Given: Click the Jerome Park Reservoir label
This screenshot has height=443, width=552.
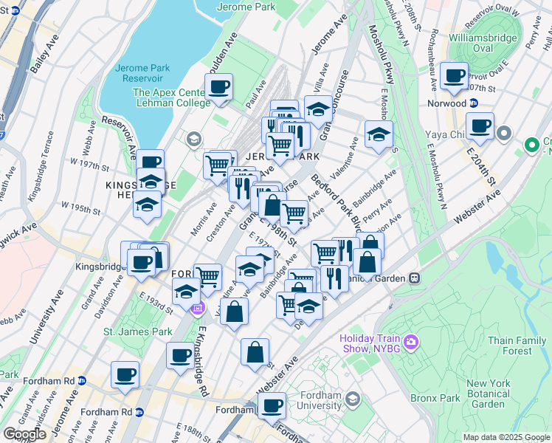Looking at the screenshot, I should (x=142, y=74).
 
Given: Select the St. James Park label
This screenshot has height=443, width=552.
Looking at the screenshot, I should (x=138, y=332).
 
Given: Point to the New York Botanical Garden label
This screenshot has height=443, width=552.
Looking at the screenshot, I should (x=487, y=394).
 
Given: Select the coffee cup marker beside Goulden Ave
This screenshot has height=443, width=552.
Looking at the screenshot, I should (x=218, y=88).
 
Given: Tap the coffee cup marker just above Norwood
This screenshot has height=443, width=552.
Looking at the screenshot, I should (x=453, y=75).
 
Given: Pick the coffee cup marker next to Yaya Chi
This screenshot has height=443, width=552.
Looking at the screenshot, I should (x=480, y=126).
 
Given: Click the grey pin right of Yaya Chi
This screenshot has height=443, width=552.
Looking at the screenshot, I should (x=504, y=134).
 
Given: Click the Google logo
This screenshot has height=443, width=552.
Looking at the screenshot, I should (x=24, y=434).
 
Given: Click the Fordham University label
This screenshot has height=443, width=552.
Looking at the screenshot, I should (x=318, y=399).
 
